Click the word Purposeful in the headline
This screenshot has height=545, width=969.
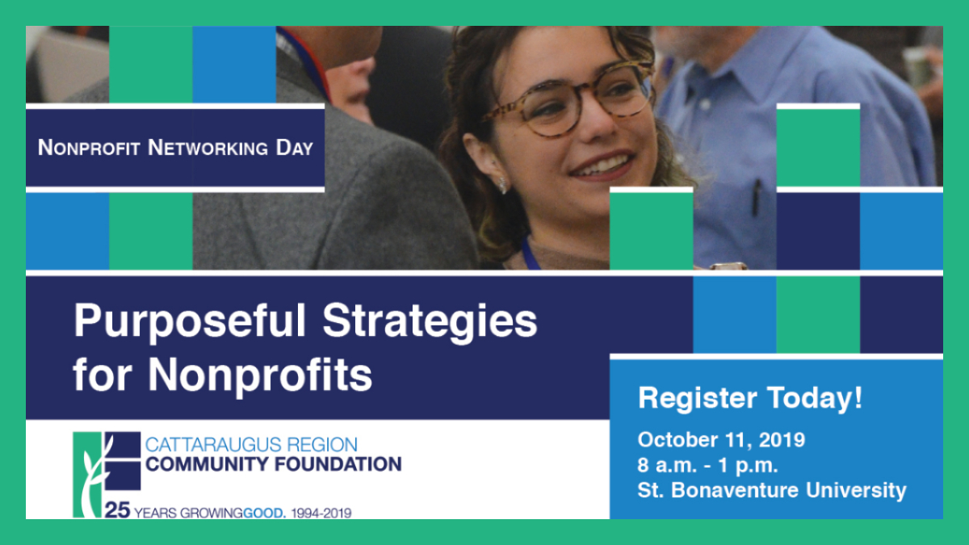coord(191,322)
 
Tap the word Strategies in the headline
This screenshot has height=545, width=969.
coord(430,322)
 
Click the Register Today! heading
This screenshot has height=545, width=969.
coord(750,399)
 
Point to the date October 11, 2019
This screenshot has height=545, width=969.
coord(721,440)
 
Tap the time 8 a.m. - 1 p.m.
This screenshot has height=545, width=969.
coord(707,465)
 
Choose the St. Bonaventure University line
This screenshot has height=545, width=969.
coord(772,491)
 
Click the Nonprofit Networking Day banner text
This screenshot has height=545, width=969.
coord(175,148)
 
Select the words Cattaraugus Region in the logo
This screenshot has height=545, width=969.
coord(251,445)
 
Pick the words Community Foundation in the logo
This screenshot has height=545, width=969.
coord(274,464)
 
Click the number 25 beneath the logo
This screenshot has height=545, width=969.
coord(117,510)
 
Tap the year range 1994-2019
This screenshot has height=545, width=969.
coord(321,514)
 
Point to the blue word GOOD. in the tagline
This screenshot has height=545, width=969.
coord(264,514)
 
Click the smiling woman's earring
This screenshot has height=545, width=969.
coord(502,185)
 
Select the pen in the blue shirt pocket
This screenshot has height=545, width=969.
coord(757,198)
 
